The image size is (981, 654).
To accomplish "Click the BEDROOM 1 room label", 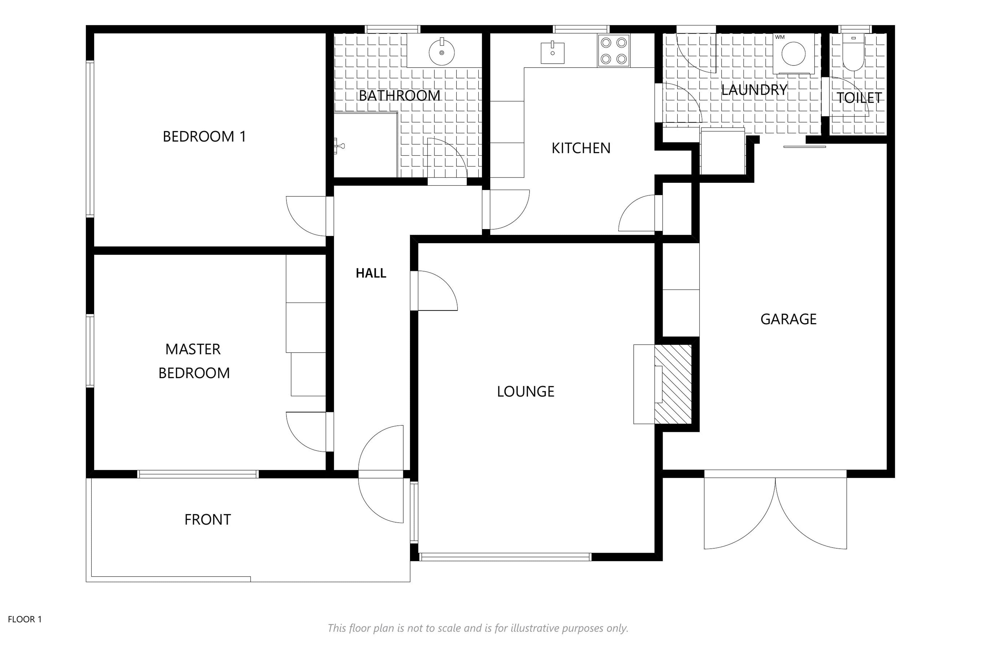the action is point(204,136).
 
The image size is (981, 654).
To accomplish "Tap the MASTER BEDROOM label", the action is point(194,361).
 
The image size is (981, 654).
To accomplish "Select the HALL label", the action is point(371,273).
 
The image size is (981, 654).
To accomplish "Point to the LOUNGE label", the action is point(525,391).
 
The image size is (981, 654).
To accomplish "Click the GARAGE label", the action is point(788,319).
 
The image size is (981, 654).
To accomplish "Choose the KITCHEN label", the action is point(581,148).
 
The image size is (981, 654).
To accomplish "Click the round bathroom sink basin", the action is point(442,52).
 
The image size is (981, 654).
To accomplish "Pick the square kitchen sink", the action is point(553,53).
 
